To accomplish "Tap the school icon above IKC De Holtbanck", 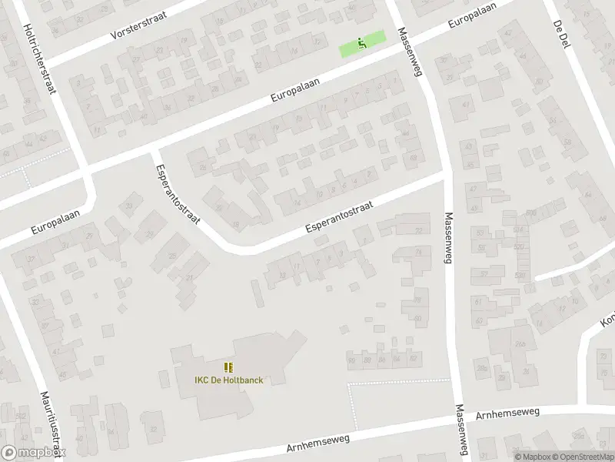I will (228, 367).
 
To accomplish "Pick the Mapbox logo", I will (33, 453).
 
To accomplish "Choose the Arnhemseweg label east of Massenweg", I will (507, 413).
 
